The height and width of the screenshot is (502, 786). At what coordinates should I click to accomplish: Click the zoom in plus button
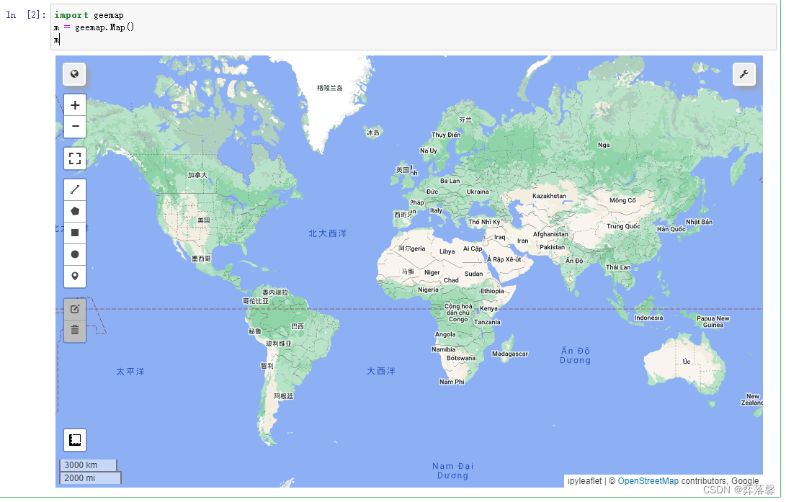75,105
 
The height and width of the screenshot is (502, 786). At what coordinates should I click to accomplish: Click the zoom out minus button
75,127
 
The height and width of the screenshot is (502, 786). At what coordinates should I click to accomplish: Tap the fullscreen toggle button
75,158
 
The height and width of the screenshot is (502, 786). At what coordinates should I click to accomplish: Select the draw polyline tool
75,190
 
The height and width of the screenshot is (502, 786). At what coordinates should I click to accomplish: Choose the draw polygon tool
75,212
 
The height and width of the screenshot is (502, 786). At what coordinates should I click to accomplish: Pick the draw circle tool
75,255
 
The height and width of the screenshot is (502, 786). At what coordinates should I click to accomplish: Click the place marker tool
75,277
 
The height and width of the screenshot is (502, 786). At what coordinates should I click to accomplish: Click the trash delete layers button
75,331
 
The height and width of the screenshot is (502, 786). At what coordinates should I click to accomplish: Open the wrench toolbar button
744,74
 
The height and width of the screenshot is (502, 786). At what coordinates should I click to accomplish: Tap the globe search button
75,74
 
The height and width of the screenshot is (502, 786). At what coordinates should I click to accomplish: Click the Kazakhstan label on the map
549,196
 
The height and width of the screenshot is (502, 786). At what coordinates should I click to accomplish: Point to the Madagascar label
510,354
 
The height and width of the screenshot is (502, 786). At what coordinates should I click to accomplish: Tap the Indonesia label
648,318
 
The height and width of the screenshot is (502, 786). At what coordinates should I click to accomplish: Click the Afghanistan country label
550,234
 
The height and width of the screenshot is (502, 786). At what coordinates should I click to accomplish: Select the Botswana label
461,358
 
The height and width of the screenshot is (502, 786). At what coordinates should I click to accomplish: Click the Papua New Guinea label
713,321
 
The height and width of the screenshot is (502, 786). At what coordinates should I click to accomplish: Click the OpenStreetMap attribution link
648,481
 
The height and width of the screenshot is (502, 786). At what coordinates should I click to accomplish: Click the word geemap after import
108,15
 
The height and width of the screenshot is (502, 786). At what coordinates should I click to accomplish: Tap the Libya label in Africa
447,251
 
